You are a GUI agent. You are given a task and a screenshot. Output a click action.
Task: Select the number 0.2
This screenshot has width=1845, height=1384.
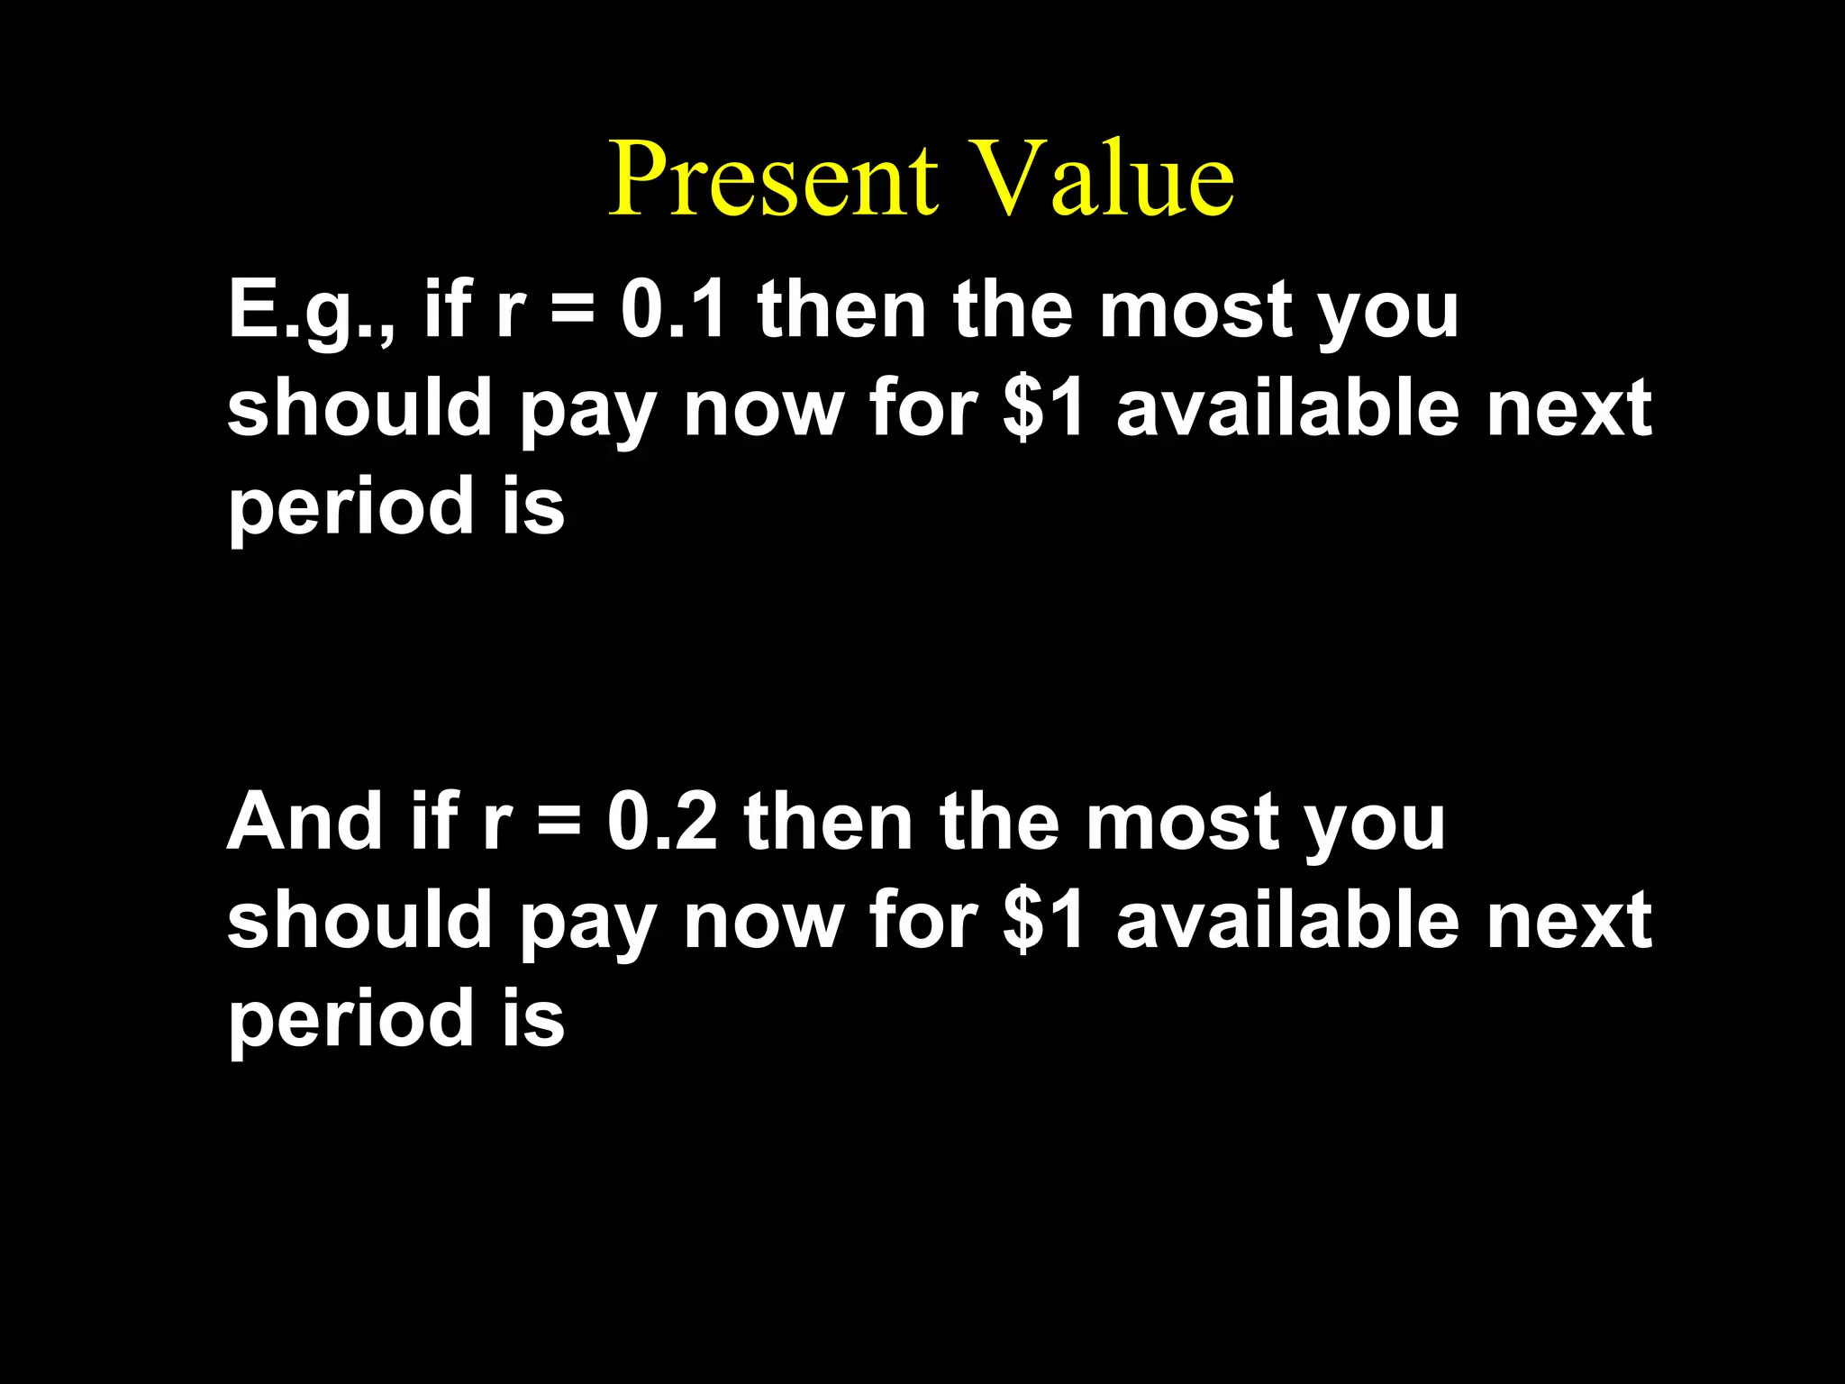pos(662,822)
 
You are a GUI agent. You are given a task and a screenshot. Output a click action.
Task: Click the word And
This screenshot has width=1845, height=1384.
pos(304,822)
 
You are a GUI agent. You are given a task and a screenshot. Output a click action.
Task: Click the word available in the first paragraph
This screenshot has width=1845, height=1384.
pos(1287,407)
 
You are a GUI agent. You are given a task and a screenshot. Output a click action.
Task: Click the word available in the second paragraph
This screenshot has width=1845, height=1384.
pos(1287,920)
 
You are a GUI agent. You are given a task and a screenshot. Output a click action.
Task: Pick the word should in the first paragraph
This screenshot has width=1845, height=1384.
pos(359,407)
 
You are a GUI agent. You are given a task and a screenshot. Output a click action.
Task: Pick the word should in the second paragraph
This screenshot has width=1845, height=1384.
pos(359,920)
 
